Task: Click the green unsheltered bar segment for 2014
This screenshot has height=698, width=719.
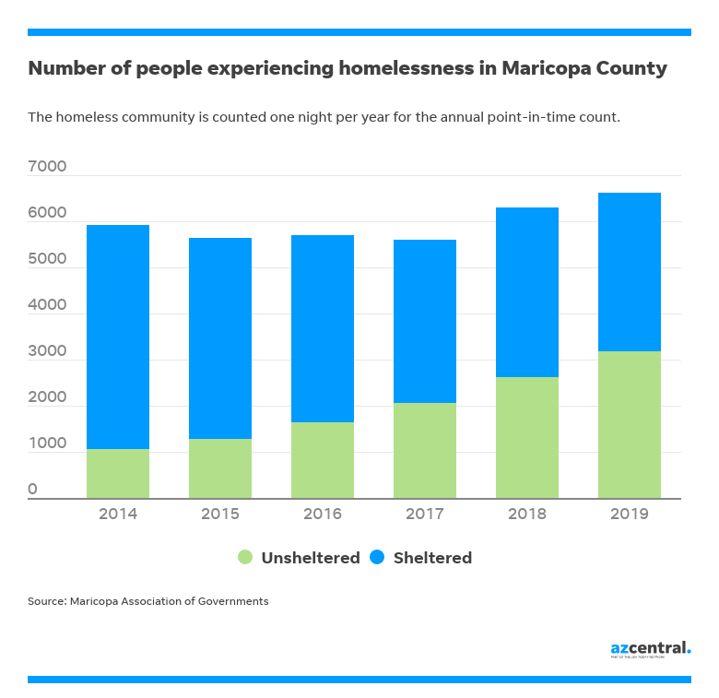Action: coord(118,473)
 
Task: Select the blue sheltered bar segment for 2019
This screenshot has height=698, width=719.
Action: coord(630,272)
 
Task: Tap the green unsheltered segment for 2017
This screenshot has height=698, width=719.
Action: coord(425,450)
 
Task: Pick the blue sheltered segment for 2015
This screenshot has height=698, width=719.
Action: coord(220,338)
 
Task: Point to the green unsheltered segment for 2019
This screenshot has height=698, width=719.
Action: coord(630,424)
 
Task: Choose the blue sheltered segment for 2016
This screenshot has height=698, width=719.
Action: coord(323,328)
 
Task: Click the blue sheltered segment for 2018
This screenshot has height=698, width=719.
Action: coord(527,292)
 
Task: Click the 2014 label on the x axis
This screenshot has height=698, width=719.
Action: coord(118,514)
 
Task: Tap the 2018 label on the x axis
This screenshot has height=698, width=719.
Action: coord(527,514)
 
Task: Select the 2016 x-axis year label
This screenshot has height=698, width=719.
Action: coord(323,514)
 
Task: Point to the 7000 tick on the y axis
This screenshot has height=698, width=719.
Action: coord(47,167)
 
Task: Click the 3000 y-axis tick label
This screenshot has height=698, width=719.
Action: coord(47,351)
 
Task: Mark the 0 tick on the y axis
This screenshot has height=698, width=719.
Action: coord(32,490)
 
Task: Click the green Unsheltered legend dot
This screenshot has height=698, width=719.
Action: coord(245,557)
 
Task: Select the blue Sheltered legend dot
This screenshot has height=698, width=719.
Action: coord(377,557)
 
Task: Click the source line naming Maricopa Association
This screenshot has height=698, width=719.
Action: coord(147,601)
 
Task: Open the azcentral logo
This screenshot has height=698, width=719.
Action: coord(650,648)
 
